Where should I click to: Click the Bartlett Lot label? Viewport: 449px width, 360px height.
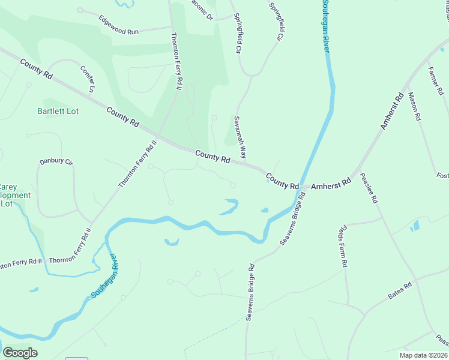tap(58, 111)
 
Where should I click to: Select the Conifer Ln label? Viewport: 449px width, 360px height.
tap(88, 78)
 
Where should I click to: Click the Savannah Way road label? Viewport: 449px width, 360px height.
tap(241, 137)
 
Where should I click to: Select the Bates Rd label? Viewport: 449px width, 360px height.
tap(401, 292)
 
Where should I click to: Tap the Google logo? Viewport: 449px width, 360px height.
tap(20, 353)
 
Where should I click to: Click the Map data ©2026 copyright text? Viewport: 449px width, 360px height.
tap(423, 355)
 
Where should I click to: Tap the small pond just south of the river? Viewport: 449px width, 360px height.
tap(172, 242)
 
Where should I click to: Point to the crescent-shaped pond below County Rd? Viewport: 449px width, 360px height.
tap(229, 207)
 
